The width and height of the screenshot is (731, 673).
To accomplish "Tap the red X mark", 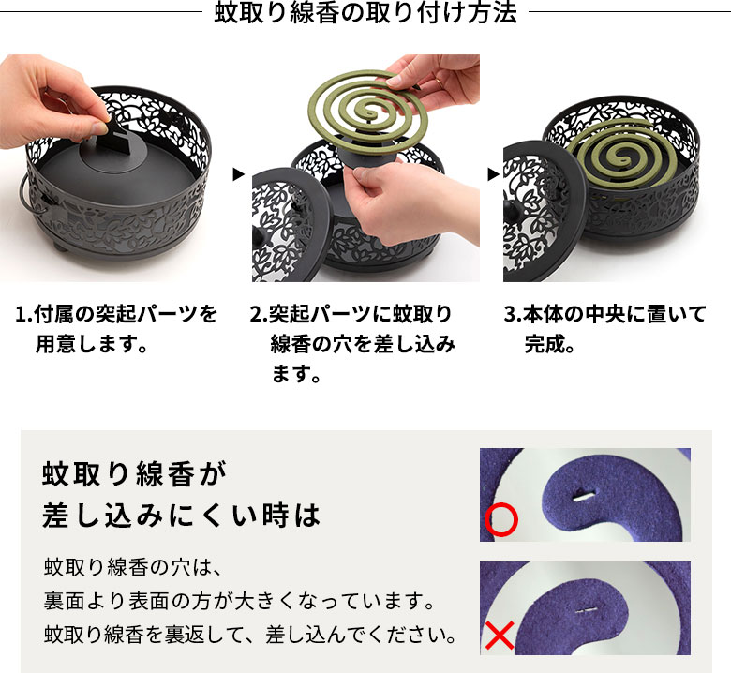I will (500, 636).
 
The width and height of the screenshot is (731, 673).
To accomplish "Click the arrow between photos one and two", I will (238, 173).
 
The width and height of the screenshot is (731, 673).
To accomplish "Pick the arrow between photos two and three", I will (492, 173).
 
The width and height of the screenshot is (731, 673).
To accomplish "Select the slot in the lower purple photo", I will (586, 611).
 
